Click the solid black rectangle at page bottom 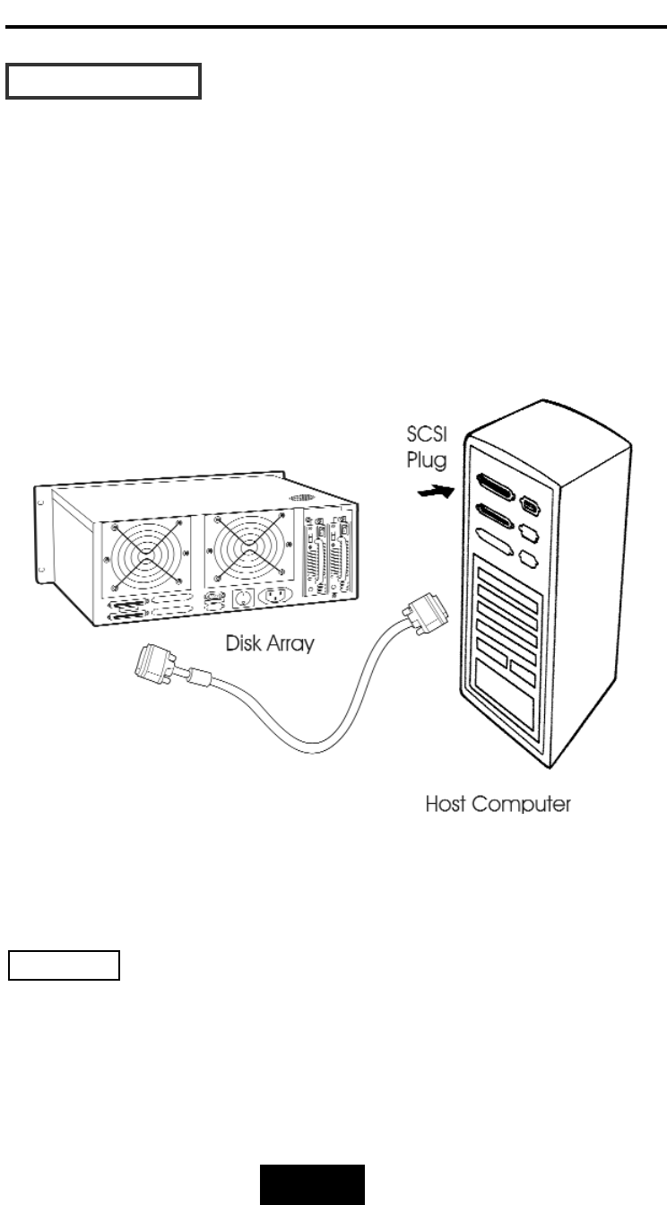click(313, 1183)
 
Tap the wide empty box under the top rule click(104, 81)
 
